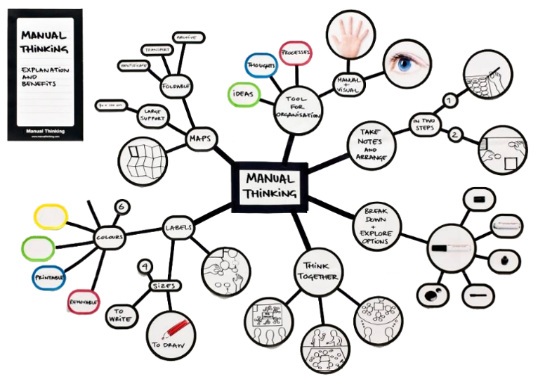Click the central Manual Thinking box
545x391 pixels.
point(269,185)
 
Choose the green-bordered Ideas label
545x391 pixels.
point(244,94)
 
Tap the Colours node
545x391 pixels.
point(111,237)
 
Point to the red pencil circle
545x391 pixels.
point(171,333)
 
